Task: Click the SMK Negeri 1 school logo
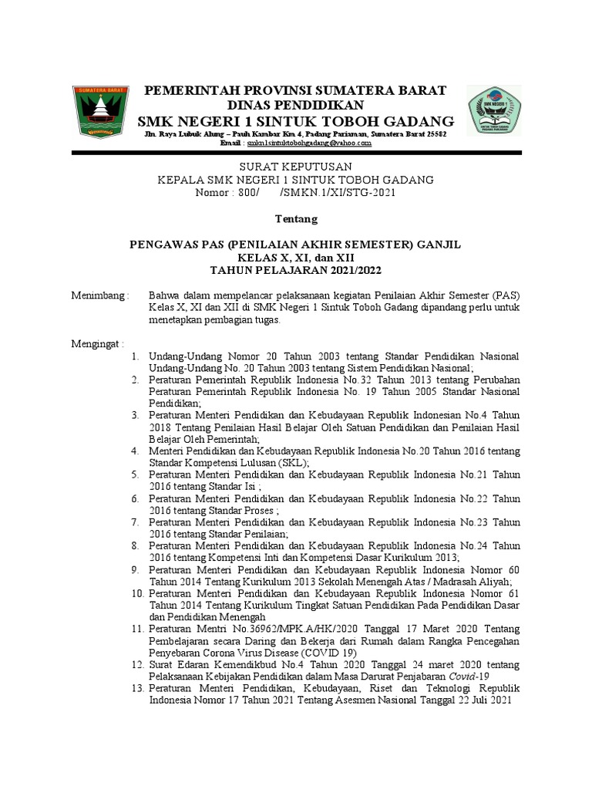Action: tap(494, 112)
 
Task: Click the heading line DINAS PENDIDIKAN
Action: tap(295, 105)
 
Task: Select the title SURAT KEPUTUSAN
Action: tap(295, 166)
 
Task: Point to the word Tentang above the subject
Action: tap(296, 219)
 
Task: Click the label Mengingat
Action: tap(97, 343)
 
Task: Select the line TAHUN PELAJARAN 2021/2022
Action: tap(296, 270)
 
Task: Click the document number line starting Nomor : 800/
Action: tap(296, 192)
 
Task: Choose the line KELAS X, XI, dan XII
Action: tap(296, 257)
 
